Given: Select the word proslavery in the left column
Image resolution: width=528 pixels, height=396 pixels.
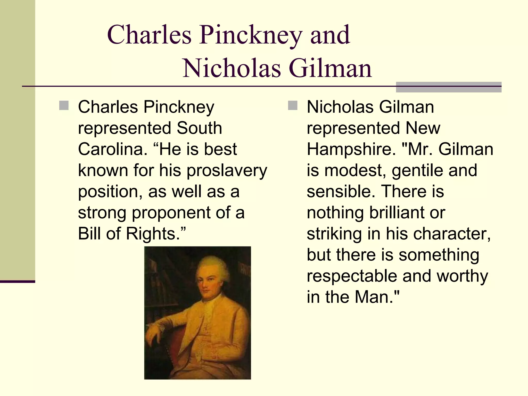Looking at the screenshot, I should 227,171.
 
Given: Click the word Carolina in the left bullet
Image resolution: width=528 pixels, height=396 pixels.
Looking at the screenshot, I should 112,149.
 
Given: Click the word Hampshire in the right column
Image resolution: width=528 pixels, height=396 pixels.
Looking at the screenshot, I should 351,150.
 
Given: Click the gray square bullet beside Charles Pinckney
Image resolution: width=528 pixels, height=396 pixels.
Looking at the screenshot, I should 64,105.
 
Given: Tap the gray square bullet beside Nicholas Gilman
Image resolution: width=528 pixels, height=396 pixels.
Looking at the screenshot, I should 293,105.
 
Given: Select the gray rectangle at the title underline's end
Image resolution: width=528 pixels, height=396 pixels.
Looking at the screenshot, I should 449,87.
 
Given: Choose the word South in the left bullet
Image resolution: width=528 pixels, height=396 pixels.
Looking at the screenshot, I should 199,128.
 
